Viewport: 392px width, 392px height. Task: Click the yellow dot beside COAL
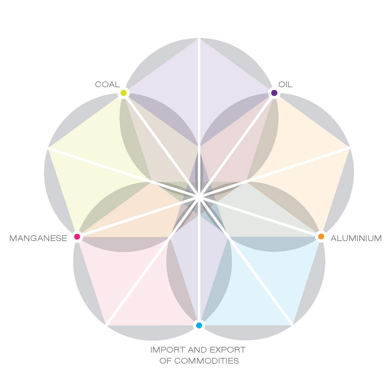click(x=123, y=93)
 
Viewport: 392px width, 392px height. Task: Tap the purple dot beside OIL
click(x=274, y=93)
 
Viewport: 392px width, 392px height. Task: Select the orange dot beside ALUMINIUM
click(x=321, y=236)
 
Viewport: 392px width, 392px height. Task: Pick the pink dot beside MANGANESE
click(x=77, y=236)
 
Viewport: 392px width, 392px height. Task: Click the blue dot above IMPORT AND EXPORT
click(x=199, y=325)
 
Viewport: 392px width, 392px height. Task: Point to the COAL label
click(x=107, y=85)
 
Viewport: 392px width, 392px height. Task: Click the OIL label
click(x=285, y=85)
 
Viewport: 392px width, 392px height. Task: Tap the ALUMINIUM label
click(x=356, y=238)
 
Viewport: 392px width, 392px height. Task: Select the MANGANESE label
click(x=38, y=238)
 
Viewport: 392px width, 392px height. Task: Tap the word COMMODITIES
click(x=206, y=361)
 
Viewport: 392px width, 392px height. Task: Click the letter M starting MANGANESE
click(x=13, y=238)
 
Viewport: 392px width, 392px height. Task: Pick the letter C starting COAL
click(x=98, y=85)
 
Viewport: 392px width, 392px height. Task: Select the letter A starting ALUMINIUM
click(x=334, y=238)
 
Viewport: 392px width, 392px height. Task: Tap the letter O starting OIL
click(x=281, y=85)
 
